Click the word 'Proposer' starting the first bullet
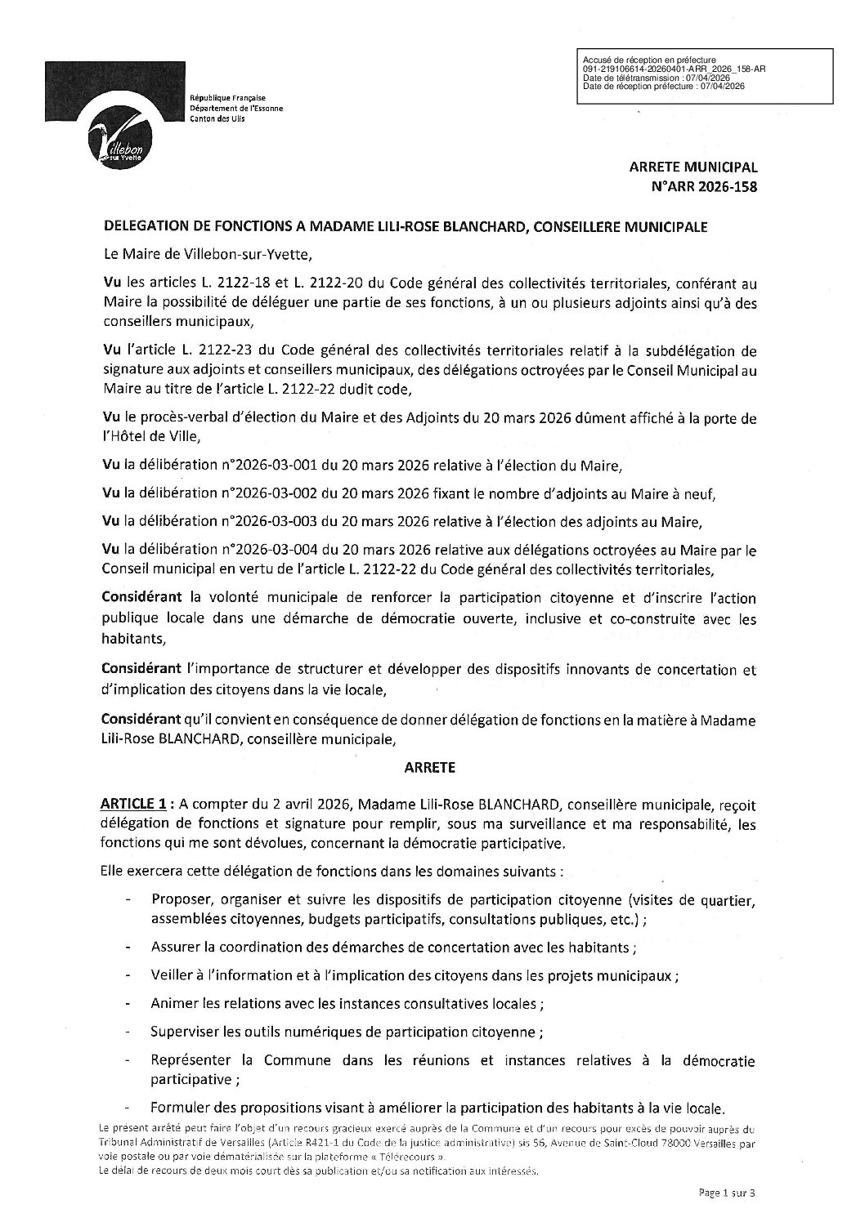pyautogui.click(x=182, y=901)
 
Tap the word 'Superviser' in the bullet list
pyautogui.click(x=186, y=1032)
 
